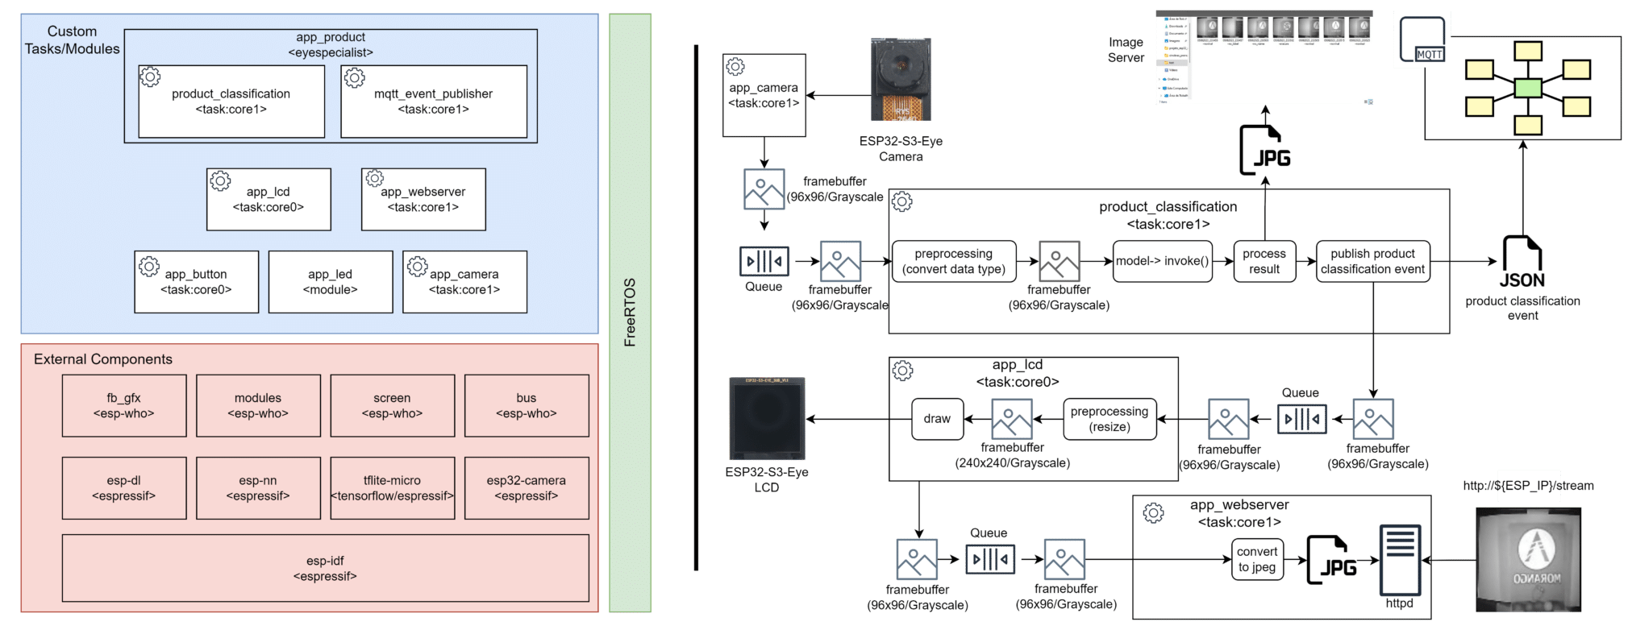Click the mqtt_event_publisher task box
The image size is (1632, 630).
433,102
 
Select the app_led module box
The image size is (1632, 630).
330,281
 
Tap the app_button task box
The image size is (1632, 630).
196,281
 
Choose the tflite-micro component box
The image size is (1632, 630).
392,487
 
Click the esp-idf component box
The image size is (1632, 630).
325,568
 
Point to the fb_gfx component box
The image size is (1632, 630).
123,405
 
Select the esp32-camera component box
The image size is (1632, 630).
526,487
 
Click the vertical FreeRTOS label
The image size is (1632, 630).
630,312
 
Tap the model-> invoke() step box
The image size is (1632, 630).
1162,261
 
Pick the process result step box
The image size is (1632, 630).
1264,261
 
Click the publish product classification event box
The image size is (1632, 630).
1372,261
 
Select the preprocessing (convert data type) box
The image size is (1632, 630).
953,261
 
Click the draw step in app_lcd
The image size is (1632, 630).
937,419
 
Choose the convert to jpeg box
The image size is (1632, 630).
1257,559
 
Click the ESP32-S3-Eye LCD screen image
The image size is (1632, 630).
767,418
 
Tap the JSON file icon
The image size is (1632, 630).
1522,261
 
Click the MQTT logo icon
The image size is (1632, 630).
1423,39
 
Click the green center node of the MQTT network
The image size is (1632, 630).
1527,88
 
